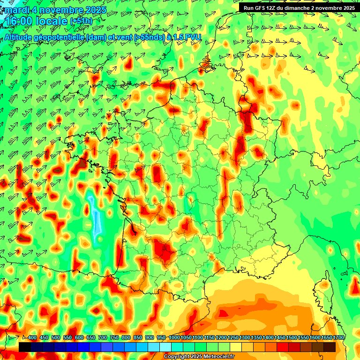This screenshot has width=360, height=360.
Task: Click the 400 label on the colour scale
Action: coord(32,337)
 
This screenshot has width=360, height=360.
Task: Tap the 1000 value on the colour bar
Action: coord(174,337)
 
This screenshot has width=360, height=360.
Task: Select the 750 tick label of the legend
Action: coord(114,337)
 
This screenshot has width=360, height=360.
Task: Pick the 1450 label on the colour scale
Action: coord(280,337)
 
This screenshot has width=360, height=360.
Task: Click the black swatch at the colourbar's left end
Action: coord(25,347)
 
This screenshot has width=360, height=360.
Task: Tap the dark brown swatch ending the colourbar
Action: coord(330,347)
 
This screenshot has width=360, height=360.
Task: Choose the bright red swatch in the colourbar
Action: coord(283,347)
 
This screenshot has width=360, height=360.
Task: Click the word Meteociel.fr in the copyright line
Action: coord(218,357)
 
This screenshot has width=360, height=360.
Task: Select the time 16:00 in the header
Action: coord(19,22)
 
